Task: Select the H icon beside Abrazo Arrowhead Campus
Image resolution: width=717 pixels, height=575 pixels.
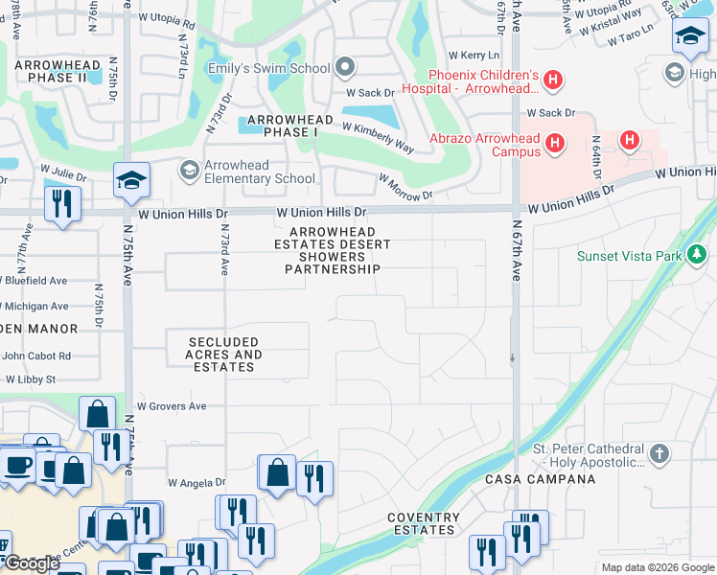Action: point(554,145)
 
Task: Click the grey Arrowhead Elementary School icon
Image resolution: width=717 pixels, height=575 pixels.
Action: point(189,171)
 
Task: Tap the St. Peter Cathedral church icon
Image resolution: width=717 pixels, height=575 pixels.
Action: point(659,453)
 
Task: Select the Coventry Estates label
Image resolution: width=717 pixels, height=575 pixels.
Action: point(422,523)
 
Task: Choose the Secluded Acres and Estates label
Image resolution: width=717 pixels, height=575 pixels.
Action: point(224,355)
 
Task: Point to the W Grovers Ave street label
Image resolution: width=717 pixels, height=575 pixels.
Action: point(172,406)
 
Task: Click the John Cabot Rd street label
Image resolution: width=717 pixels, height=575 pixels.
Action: point(36,356)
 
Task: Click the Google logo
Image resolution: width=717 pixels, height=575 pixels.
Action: point(32,563)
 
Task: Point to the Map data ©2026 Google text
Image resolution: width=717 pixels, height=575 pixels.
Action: point(657,567)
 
